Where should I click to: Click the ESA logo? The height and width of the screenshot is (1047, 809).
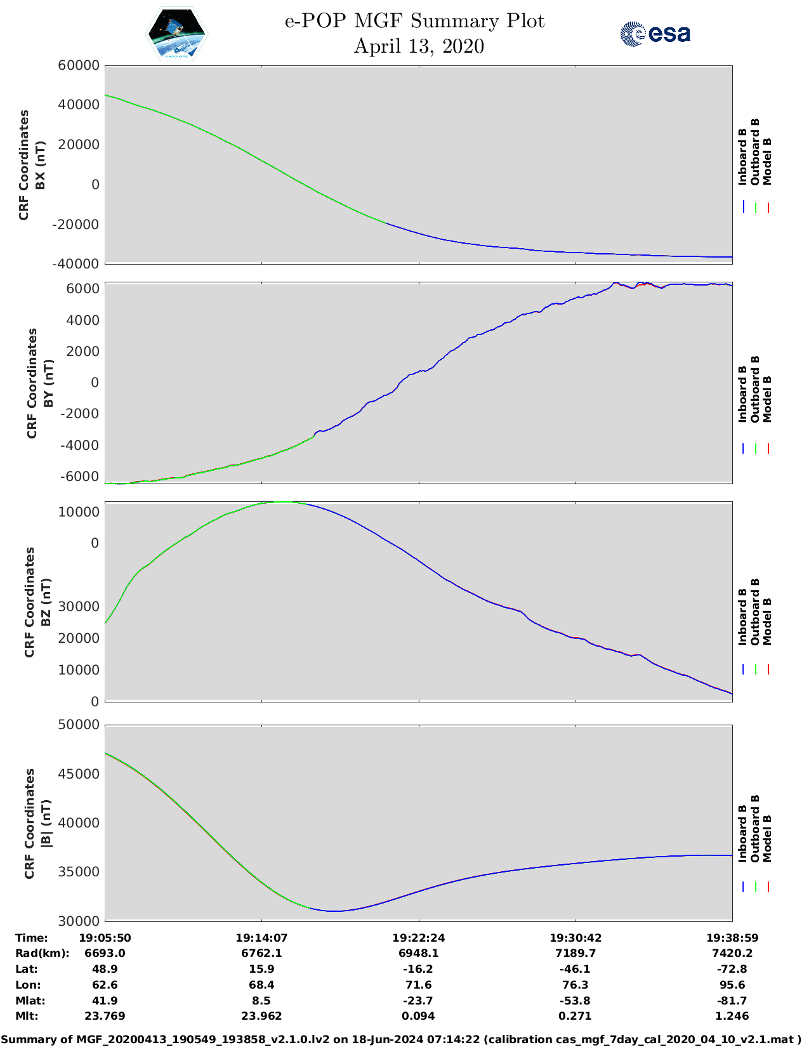(x=655, y=34)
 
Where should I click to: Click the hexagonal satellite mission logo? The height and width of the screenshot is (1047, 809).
(x=177, y=34)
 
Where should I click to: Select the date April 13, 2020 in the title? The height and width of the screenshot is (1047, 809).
(x=419, y=46)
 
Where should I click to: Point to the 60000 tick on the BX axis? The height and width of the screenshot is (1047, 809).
(x=79, y=65)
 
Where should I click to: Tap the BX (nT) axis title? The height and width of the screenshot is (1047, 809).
(x=41, y=165)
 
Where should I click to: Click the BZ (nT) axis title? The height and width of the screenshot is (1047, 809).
(x=46, y=602)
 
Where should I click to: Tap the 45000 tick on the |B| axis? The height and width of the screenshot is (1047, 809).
(x=79, y=774)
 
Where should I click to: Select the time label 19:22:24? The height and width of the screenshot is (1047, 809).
(x=418, y=938)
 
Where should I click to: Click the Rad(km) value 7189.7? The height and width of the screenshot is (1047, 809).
(x=576, y=953)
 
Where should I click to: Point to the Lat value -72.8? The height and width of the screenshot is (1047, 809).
(x=732, y=969)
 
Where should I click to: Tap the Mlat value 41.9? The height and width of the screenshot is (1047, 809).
(x=105, y=1001)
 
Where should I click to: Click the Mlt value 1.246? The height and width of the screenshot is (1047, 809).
(x=732, y=1016)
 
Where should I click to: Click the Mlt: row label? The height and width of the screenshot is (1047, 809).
(x=27, y=1016)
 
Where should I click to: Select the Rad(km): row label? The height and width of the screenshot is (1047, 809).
(x=43, y=953)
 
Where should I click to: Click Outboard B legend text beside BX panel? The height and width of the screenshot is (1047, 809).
(x=755, y=152)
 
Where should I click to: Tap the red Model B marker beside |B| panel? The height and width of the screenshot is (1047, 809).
(x=768, y=887)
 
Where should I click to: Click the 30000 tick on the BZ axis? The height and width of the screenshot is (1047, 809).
(x=79, y=607)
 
